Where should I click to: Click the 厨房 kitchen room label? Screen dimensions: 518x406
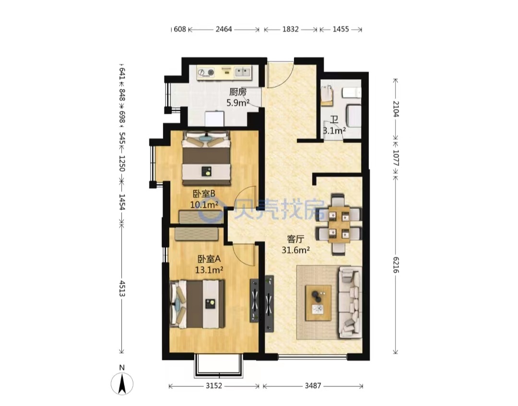238,92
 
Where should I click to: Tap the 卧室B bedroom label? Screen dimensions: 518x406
204,193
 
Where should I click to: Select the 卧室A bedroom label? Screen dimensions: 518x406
209,259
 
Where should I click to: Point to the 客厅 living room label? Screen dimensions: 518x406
295,239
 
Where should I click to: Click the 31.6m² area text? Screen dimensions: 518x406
295,250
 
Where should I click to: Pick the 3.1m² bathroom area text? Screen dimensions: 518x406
334,131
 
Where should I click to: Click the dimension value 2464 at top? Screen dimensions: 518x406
224,29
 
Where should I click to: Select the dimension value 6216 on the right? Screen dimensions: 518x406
396,264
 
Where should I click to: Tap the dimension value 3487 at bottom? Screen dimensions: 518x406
313,385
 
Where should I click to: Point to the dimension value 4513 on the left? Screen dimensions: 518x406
122,288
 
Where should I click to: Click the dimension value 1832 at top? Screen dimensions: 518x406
290,29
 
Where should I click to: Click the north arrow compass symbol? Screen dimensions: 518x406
122,383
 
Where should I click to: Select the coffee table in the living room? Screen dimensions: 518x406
318,303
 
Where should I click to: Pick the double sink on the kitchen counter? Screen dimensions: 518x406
243,72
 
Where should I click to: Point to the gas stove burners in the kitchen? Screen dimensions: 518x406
205,72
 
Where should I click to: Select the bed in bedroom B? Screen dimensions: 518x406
206,158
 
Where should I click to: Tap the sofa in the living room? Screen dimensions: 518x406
349,302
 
